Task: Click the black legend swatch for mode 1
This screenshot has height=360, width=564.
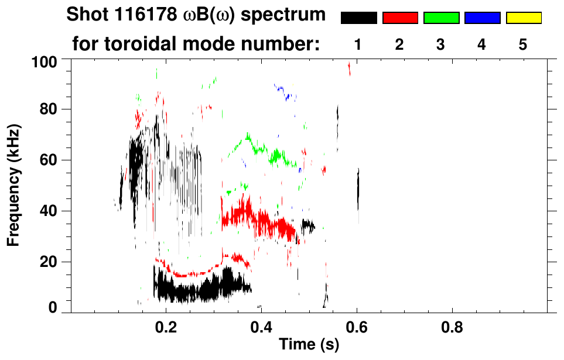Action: pos(358,18)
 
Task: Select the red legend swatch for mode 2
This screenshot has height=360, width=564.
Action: pos(400,18)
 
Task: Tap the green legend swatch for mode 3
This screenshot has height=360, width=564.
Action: pos(441,18)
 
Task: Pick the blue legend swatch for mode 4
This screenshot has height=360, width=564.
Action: pos(482,18)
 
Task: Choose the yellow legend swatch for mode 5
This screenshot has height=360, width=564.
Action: pos(524,18)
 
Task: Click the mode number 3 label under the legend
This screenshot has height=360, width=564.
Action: pos(441,44)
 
